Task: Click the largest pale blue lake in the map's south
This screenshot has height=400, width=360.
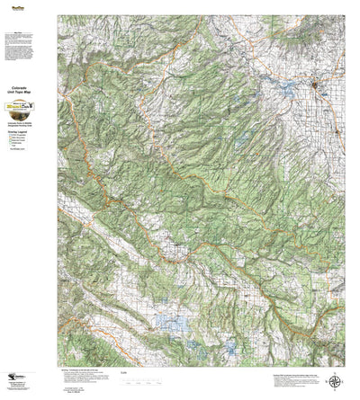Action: click(x=168, y=321)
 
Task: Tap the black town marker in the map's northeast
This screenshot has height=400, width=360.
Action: click(x=315, y=85)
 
